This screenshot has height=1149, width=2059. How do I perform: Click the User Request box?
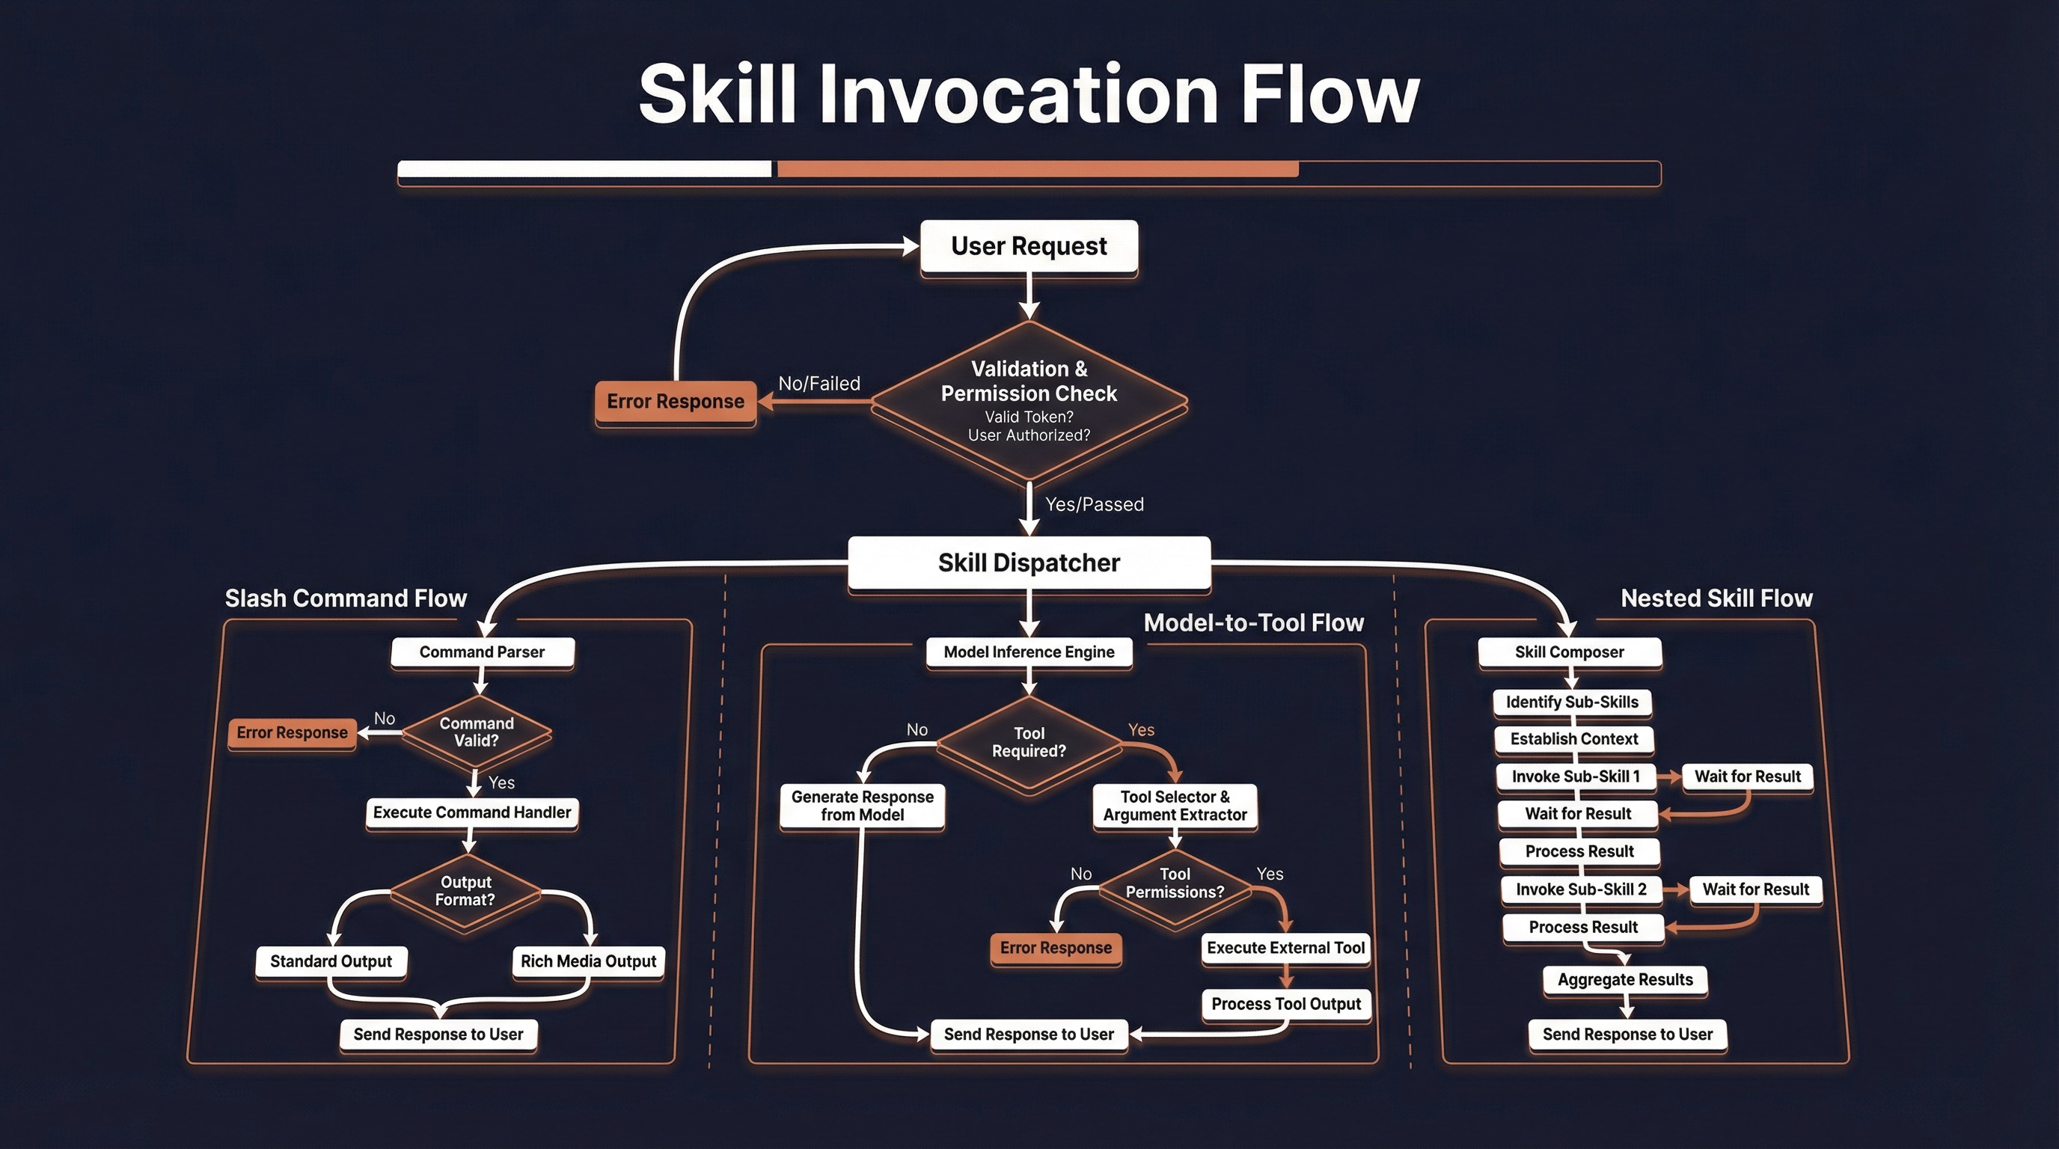1029,246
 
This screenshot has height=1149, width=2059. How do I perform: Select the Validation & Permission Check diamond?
1029,399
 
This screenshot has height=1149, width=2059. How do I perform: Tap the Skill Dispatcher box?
1029,563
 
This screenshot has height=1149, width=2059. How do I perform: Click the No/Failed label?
819,384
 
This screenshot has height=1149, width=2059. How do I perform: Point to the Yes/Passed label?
1095,504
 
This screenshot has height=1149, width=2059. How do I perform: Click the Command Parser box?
482,652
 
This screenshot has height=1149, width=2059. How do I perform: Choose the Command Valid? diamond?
477,732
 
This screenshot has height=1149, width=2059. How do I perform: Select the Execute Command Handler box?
471,812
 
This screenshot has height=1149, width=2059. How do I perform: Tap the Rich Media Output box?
588,961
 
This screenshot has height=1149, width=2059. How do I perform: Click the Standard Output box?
331,961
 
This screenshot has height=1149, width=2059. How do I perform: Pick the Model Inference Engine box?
1029,652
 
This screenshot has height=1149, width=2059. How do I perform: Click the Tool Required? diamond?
1029,742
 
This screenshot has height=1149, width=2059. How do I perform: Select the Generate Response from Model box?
862,806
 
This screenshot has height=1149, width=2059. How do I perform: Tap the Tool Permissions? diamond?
1174,883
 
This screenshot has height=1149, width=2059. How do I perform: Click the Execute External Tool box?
1285,949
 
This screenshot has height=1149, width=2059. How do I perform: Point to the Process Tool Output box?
1285,1005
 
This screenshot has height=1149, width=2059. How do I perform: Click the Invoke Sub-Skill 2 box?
1580,889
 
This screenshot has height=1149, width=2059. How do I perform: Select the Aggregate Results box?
1625,980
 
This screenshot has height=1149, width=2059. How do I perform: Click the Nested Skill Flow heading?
1716,598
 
